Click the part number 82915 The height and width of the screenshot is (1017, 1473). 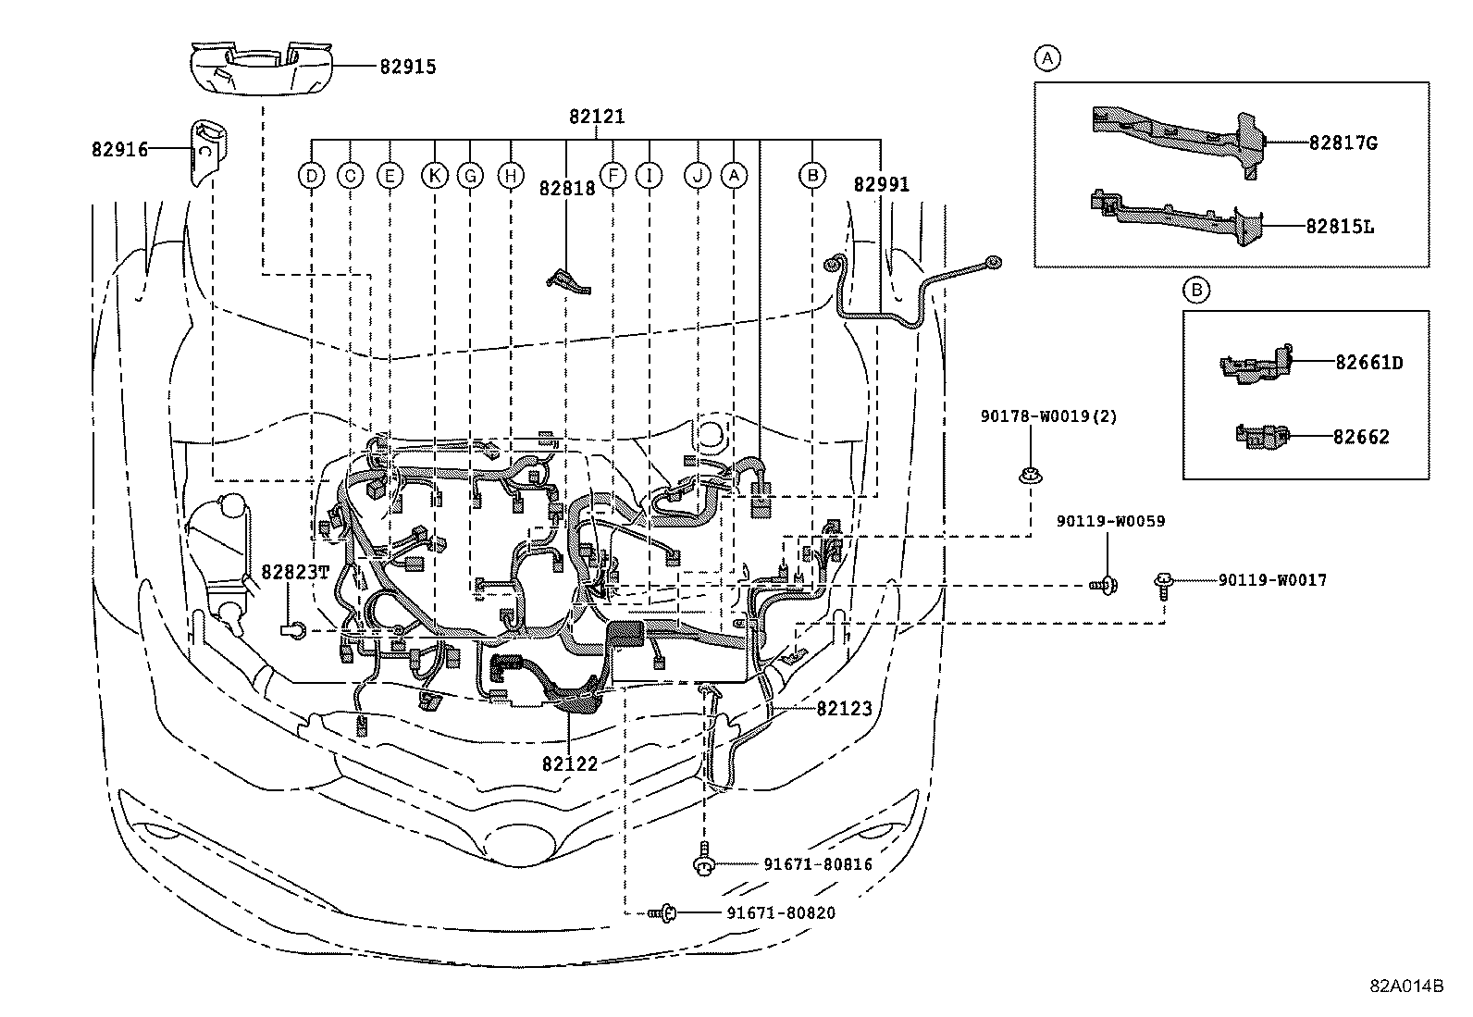click(407, 67)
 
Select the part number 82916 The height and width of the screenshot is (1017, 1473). click(119, 149)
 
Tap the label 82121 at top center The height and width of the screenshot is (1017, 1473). click(597, 117)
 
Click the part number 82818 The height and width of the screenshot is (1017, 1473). click(567, 187)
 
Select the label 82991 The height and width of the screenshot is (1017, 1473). click(881, 185)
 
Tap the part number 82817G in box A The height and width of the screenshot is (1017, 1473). click(1343, 143)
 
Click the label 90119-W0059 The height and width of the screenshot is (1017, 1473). click(1110, 522)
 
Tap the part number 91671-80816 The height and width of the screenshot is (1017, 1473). click(817, 864)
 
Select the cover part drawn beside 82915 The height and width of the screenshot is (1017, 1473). click(259, 68)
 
